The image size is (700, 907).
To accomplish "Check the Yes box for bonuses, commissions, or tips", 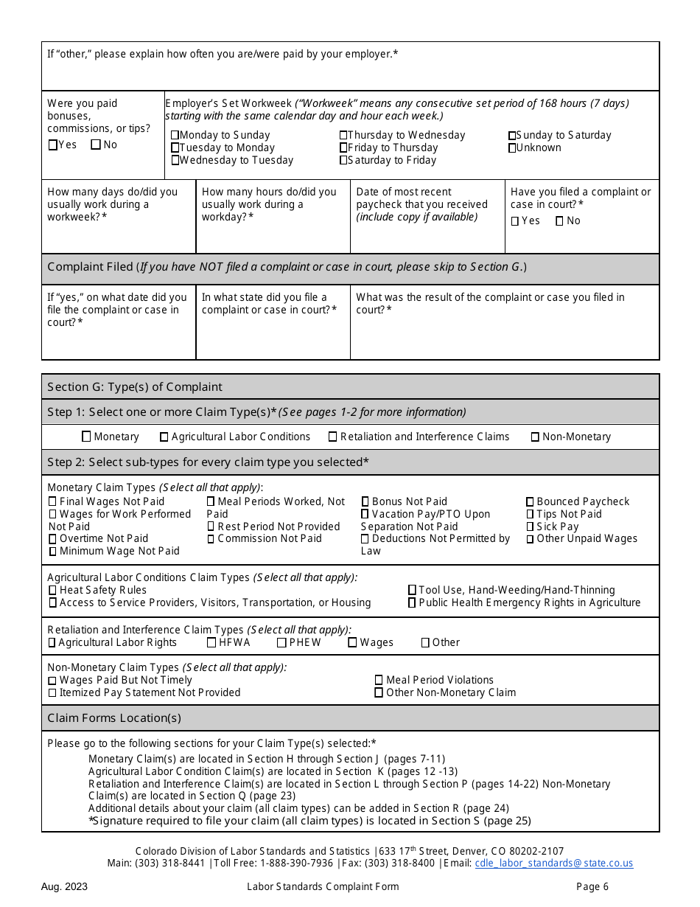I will click(52, 145).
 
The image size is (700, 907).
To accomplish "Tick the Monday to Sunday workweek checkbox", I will click(175, 135).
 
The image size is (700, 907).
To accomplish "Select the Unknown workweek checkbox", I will click(512, 148).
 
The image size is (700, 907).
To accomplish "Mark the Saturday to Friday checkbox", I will click(343, 160).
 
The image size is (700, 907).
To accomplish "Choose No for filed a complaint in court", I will click(559, 220).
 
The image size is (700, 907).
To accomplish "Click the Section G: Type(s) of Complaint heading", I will click(135, 386).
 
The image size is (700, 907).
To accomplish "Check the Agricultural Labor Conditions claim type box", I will click(164, 437).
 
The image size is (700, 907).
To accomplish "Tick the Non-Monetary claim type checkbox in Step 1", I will click(535, 437).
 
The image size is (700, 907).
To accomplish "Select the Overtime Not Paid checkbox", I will click(52, 539).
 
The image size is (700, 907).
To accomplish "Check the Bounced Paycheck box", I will click(530, 501).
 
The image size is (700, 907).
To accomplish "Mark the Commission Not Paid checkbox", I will click(211, 539).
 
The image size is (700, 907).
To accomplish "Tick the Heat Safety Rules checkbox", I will click(52, 590).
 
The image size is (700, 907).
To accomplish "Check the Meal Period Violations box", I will click(379, 680).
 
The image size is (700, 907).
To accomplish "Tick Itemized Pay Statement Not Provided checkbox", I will click(52, 692).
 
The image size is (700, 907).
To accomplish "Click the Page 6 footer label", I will click(592, 886).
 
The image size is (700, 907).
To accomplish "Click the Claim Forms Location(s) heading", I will click(114, 717).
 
